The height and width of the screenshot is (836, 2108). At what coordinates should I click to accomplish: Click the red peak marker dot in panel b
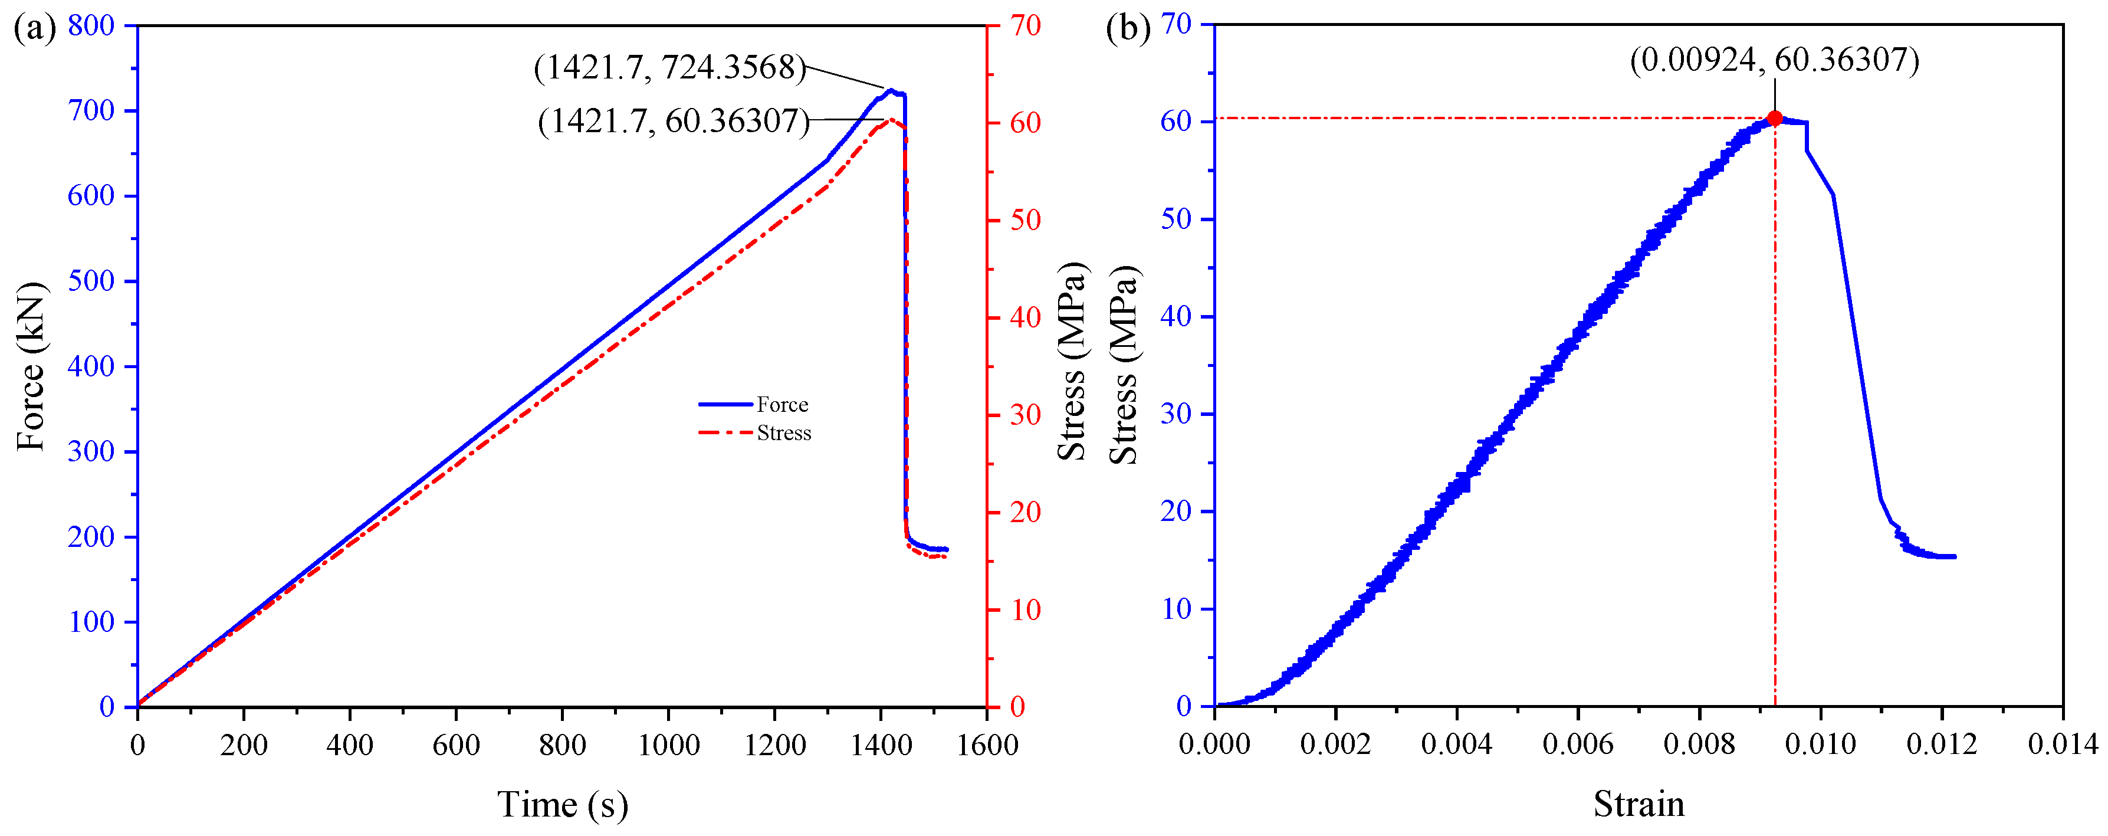(x=1774, y=119)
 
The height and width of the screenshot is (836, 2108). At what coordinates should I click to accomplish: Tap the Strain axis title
(x=1639, y=805)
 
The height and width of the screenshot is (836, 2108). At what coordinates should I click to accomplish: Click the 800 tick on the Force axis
(x=91, y=25)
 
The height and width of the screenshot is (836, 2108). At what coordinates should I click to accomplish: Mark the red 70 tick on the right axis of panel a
(x=1025, y=25)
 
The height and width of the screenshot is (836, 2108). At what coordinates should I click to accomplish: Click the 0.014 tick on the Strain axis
(x=2062, y=745)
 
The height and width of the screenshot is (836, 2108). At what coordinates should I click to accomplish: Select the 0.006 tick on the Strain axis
(x=1578, y=745)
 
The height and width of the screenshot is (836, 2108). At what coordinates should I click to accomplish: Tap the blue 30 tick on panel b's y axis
(x=1176, y=414)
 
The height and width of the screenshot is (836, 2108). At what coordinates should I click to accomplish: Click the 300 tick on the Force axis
(x=91, y=451)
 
